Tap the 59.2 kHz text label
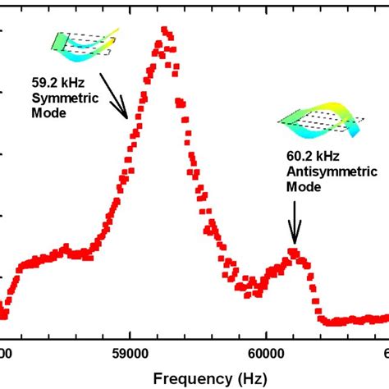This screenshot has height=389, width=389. pos(53,83)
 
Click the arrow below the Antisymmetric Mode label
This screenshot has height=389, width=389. pos(294,222)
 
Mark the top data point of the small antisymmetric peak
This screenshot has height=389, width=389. pos(292,251)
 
